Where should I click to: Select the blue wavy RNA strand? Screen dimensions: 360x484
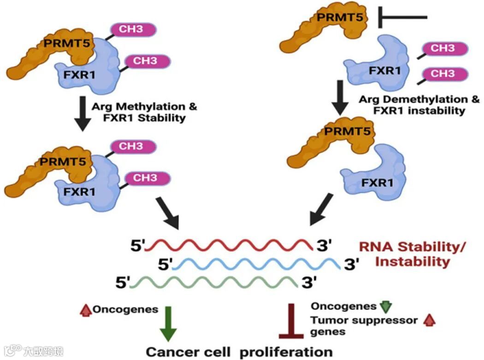(x=258, y=264)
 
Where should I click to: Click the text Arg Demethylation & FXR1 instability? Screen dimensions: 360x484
(x=419, y=104)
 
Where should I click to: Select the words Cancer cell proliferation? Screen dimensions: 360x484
(x=239, y=352)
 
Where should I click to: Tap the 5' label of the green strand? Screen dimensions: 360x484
(x=123, y=281)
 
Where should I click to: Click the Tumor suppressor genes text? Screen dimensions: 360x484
(x=364, y=325)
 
